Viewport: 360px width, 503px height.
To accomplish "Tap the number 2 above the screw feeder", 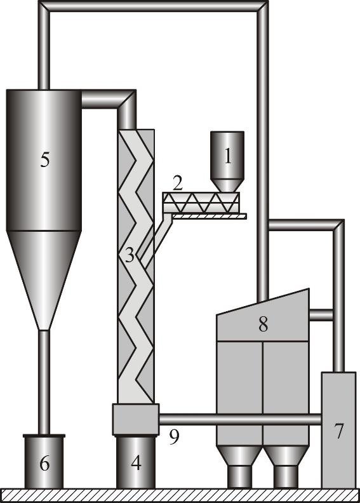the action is tap(178, 184).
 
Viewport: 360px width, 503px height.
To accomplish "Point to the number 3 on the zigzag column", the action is tap(130, 257).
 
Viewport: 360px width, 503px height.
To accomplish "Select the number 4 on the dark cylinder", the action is tap(135, 463).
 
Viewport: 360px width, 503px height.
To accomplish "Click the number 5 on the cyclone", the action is tap(44, 159).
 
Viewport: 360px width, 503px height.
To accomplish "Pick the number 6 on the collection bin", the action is tap(44, 464).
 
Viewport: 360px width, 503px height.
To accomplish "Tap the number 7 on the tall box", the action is tap(339, 431).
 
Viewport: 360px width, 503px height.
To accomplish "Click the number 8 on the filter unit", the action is tap(263, 324).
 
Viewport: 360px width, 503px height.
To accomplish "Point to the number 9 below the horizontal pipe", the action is tap(173, 438).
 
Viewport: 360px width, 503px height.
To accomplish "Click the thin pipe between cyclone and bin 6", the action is tap(44, 381).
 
